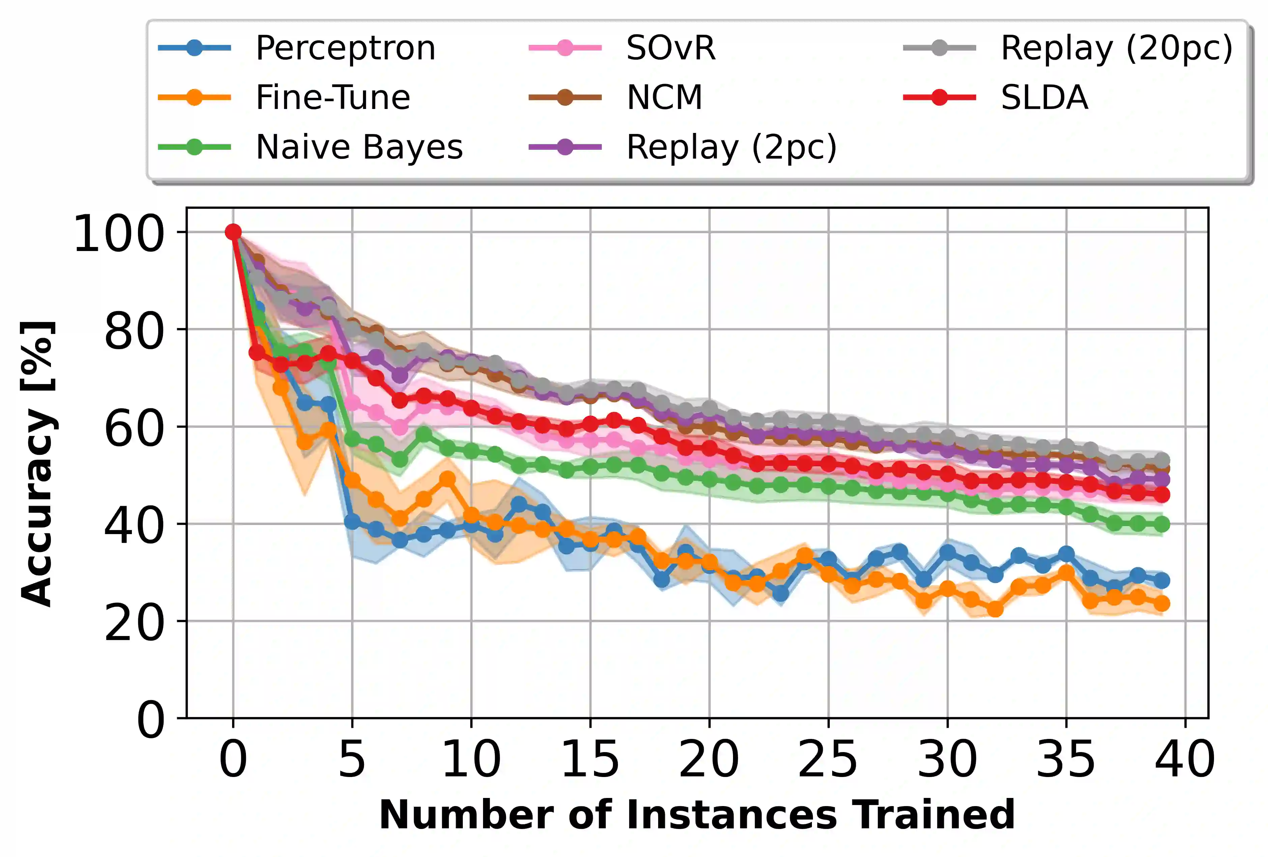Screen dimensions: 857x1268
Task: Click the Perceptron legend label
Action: point(345,49)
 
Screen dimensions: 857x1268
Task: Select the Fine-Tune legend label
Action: point(333,98)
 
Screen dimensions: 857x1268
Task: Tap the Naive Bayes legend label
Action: point(359,147)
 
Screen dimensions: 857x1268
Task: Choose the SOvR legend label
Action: point(671,49)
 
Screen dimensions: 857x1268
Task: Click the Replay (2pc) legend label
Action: point(731,147)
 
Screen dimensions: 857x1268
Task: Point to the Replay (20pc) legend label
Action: point(1116,49)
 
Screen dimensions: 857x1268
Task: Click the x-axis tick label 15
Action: point(590,760)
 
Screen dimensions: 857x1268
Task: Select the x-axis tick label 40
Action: point(1185,760)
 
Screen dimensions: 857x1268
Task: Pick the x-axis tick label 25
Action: point(828,760)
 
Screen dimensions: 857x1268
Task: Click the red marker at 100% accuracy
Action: point(233,232)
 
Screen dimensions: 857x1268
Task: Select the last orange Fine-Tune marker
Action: point(1162,604)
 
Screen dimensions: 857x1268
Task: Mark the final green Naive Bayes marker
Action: point(1162,525)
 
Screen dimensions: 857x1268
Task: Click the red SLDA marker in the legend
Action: point(939,98)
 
